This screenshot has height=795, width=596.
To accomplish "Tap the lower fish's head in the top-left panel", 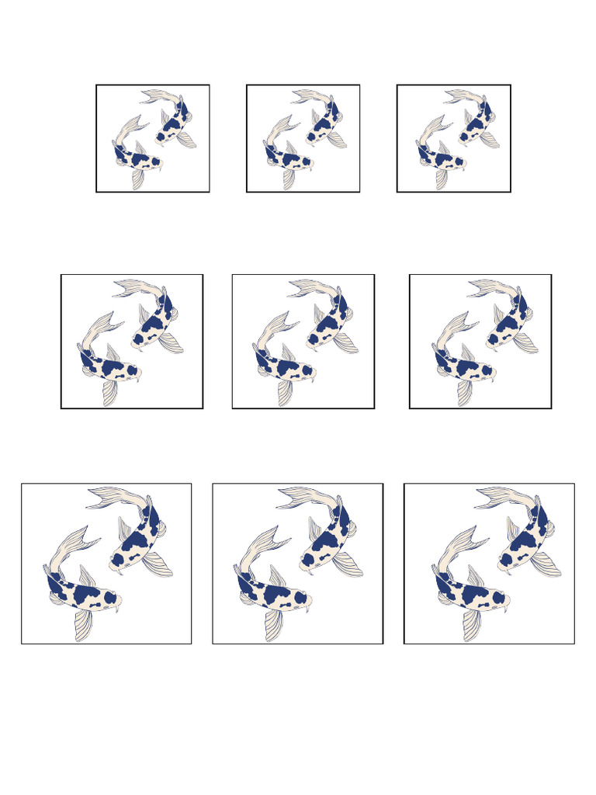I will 155,162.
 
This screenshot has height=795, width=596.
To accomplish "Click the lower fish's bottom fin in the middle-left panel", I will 109,393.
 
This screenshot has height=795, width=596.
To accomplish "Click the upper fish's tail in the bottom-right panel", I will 499,498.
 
